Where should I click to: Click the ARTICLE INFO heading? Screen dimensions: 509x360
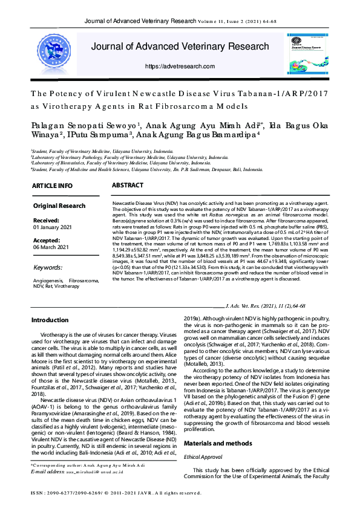53,186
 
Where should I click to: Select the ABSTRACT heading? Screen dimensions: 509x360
128,185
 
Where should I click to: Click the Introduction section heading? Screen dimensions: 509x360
50,320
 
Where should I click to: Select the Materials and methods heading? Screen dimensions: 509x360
217,410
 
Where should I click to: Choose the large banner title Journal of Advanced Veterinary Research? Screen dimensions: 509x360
180,47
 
